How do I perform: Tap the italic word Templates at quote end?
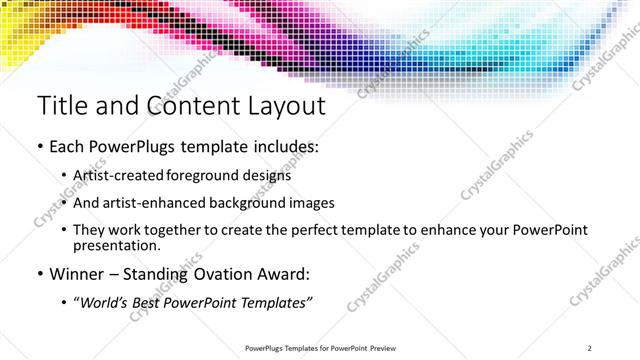(x=278, y=301)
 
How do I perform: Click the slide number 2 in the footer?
(x=590, y=348)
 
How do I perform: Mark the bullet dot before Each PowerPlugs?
(x=39, y=147)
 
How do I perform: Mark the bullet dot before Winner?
(x=39, y=273)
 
